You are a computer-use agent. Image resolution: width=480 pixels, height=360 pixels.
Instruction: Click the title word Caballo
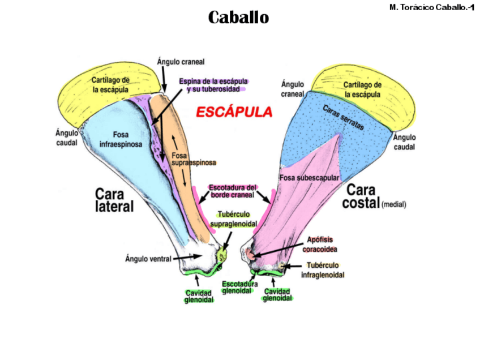tap(238, 18)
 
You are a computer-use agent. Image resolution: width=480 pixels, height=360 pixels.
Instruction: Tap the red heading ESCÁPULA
tap(234, 112)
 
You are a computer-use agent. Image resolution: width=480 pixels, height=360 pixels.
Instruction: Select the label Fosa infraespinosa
tap(121, 139)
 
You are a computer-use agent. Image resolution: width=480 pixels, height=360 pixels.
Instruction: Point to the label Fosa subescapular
tap(309, 178)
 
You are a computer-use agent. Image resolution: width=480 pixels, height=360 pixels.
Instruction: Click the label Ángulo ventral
tap(149, 259)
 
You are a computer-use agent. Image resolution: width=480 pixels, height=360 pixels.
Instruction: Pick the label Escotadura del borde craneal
tap(233, 191)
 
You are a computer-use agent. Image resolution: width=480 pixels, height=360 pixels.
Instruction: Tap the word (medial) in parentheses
tap(394, 204)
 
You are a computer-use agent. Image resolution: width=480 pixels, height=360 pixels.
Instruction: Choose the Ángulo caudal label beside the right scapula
tap(404, 142)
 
